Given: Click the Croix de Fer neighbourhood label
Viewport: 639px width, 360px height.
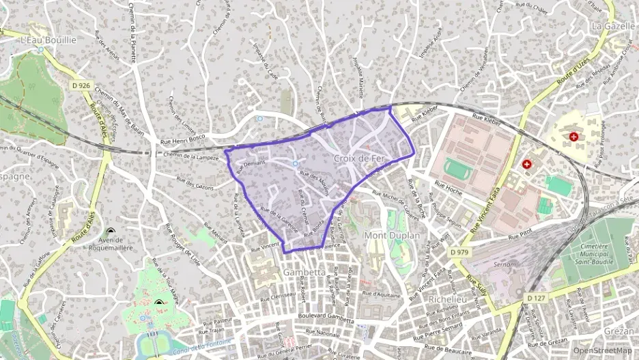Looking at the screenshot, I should pyautogui.click(x=360, y=158).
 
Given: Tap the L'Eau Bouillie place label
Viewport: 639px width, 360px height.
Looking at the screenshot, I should pyautogui.click(x=48, y=40).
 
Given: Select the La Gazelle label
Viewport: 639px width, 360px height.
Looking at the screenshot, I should pyautogui.click(x=609, y=26).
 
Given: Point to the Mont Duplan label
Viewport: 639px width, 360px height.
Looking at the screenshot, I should pyautogui.click(x=394, y=236).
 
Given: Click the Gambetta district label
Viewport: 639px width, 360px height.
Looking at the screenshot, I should pyautogui.click(x=304, y=272).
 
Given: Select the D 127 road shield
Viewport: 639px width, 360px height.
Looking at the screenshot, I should pyautogui.click(x=535, y=298).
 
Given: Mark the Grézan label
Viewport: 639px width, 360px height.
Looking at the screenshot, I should pyautogui.click(x=619, y=331).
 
